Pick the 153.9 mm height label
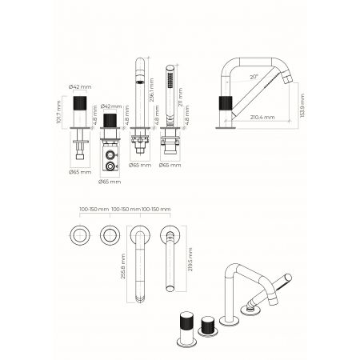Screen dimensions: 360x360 [301, 103]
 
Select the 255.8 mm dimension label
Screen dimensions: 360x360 [123, 266]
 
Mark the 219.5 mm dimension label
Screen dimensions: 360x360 [189, 264]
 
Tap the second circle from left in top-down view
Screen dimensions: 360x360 [110, 237]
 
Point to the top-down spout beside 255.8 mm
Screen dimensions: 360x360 [140, 264]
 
